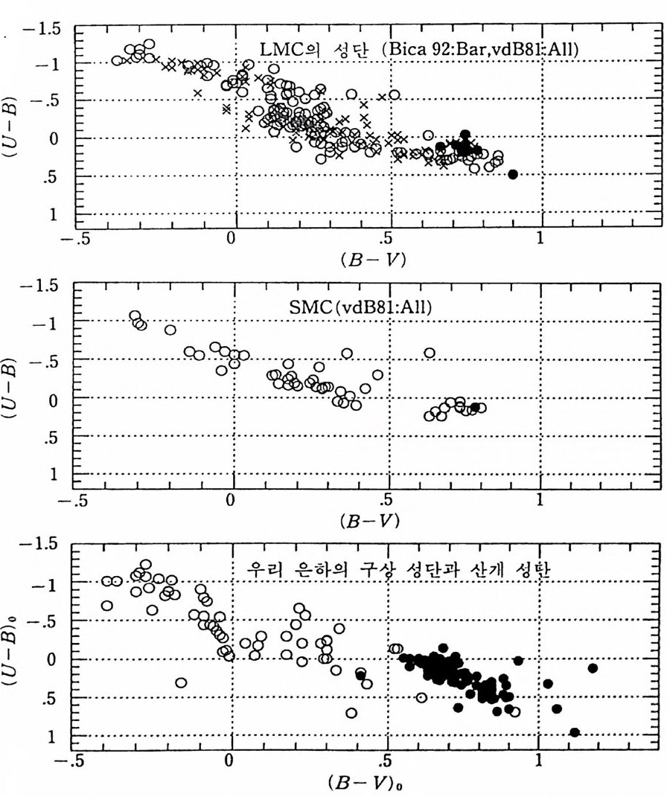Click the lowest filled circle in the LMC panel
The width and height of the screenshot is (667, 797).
click(512, 174)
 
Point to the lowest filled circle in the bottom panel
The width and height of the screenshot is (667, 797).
click(574, 732)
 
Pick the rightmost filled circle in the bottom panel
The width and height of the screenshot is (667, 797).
click(593, 668)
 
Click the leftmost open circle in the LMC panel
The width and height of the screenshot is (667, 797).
click(117, 60)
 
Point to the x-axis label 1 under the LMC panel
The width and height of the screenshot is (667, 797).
click(540, 240)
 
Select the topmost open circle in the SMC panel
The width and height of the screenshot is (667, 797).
click(135, 316)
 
